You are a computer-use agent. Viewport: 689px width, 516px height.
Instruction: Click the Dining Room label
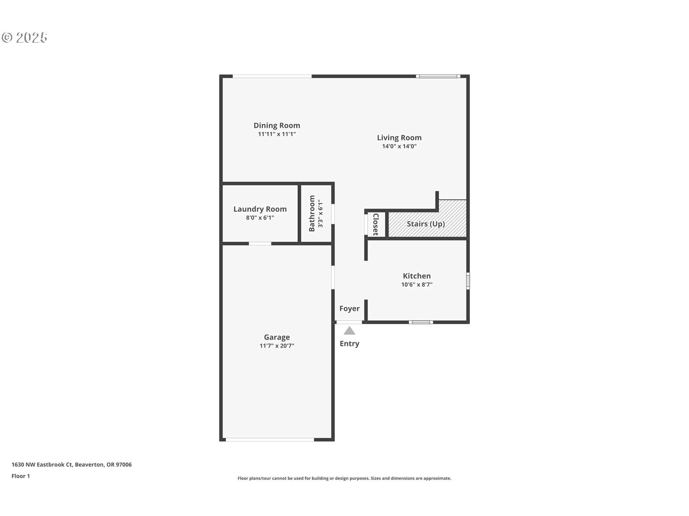tap(277, 125)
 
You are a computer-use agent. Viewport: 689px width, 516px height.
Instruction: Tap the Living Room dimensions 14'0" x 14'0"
tap(399, 146)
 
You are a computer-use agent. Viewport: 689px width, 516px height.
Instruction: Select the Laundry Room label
tap(260, 209)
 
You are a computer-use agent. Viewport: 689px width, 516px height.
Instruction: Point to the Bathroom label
tap(311, 214)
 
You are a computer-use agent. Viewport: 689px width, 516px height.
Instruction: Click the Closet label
tap(376, 225)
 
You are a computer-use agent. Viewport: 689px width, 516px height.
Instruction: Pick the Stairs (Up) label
tap(426, 224)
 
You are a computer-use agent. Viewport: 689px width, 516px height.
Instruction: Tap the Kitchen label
tap(417, 276)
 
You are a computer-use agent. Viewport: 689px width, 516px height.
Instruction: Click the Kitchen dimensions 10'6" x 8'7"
tap(417, 285)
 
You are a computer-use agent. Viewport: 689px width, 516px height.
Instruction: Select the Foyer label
tap(349, 309)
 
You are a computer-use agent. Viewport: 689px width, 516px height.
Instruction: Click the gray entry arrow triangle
tap(349, 331)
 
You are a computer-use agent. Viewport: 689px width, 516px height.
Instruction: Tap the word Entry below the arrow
tap(349, 344)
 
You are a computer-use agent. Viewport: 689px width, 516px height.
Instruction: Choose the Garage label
tap(277, 337)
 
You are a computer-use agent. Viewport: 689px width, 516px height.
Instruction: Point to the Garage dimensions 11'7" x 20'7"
tap(277, 346)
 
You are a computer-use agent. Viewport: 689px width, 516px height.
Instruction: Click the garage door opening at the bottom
tap(270, 440)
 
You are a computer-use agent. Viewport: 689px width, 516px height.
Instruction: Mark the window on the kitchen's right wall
tap(468, 281)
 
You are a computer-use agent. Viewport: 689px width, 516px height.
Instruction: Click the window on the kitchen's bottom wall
tap(421, 322)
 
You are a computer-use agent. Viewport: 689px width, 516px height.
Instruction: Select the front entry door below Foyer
tap(349, 322)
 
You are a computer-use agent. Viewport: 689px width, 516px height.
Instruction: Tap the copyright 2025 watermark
tap(24, 38)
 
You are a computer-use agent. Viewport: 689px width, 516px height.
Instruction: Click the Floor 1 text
tap(20, 476)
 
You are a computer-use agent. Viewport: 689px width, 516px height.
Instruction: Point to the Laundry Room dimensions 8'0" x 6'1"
tap(260, 218)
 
